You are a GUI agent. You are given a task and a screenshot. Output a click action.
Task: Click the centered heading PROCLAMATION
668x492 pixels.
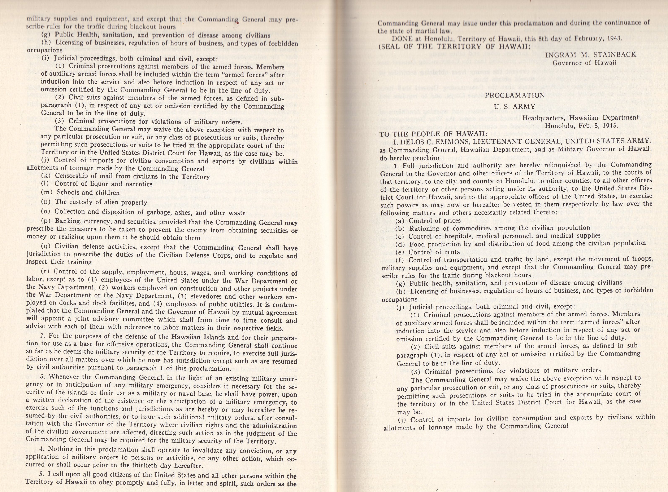point(515,95)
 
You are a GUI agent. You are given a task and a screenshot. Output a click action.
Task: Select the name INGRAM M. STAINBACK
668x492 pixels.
point(591,54)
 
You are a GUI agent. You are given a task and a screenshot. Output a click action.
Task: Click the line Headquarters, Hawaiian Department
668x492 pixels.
point(581,118)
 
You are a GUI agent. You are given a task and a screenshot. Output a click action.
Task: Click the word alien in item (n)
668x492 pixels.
point(112,203)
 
